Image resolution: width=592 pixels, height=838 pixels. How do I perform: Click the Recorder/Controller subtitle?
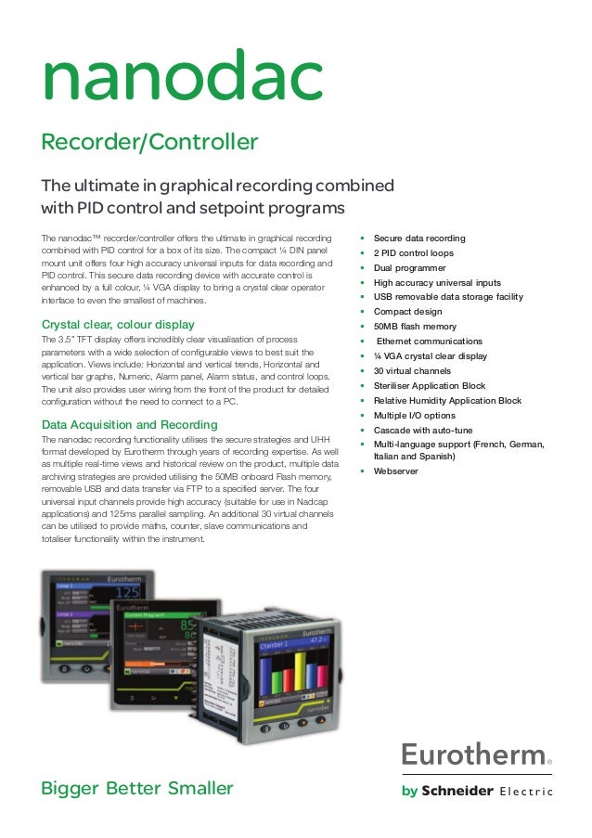click(149, 142)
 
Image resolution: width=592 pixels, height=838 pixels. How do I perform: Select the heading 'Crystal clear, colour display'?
click(119, 324)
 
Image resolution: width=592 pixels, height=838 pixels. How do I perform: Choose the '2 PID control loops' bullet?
click(413, 253)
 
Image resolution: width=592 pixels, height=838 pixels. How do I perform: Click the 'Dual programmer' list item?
click(409, 268)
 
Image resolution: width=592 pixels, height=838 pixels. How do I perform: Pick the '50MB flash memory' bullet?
click(415, 327)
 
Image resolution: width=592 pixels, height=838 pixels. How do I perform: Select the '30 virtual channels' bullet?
click(414, 371)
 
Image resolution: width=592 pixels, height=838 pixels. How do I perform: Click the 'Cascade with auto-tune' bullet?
click(422, 430)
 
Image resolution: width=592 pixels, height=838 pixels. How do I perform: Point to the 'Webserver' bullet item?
click(395, 471)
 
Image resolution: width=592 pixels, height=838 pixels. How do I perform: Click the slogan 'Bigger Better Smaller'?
click(137, 789)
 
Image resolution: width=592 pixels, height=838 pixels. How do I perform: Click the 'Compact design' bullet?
click(407, 312)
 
